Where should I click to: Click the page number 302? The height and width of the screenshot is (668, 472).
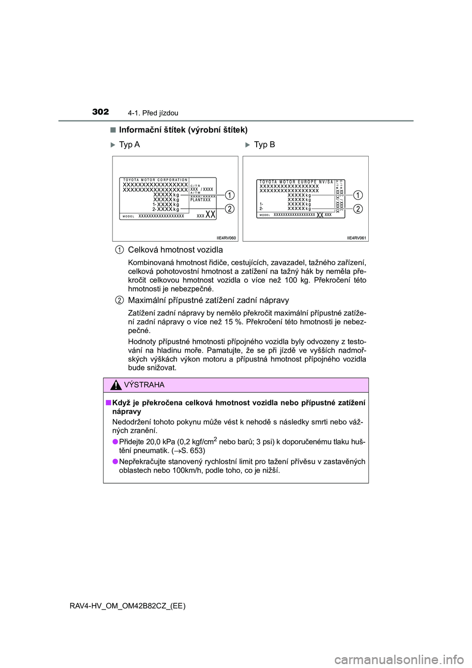click(x=100, y=112)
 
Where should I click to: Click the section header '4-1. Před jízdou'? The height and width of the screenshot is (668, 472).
click(x=153, y=113)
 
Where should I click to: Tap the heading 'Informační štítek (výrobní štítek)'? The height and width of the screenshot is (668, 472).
click(x=183, y=130)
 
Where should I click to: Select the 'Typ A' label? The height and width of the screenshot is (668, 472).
click(x=129, y=145)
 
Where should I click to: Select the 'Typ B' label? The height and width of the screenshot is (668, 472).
click(x=265, y=145)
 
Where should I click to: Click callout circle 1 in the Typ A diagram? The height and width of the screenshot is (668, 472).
click(x=230, y=195)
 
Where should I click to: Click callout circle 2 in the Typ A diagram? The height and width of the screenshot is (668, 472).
click(x=230, y=209)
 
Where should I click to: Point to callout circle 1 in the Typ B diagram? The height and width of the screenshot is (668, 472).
click(x=358, y=195)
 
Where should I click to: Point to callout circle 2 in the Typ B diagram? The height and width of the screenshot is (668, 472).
click(x=358, y=209)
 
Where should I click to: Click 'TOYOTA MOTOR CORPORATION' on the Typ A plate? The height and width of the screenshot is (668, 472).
click(x=155, y=180)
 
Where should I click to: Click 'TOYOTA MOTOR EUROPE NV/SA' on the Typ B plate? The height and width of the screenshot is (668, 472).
click(x=296, y=182)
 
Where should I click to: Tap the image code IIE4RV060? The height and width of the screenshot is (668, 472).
click(x=226, y=238)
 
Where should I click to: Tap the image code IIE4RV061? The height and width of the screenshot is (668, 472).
click(x=356, y=238)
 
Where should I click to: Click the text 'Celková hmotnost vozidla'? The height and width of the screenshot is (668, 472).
click(x=175, y=250)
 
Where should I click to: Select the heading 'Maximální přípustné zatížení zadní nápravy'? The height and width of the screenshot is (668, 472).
click(x=208, y=301)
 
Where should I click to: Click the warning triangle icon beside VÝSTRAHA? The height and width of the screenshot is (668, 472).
click(x=116, y=385)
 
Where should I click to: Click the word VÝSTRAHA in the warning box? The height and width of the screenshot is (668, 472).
click(x=144, y=385)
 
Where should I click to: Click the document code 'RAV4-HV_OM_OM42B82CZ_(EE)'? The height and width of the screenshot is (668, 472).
click(x=128, y=606)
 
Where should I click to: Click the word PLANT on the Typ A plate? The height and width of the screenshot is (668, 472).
click(x=196, y=200)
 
